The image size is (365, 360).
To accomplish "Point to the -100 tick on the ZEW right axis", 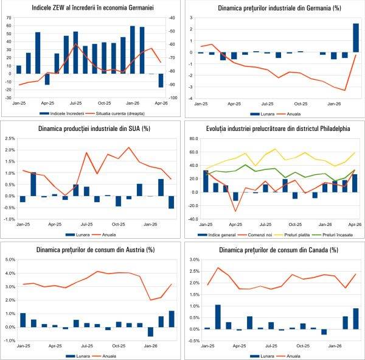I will click(x=172, y=98).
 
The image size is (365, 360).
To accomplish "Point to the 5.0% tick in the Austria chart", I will click(x=10, y=260).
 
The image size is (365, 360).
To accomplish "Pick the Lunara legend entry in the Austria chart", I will click(x=75, y=355).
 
